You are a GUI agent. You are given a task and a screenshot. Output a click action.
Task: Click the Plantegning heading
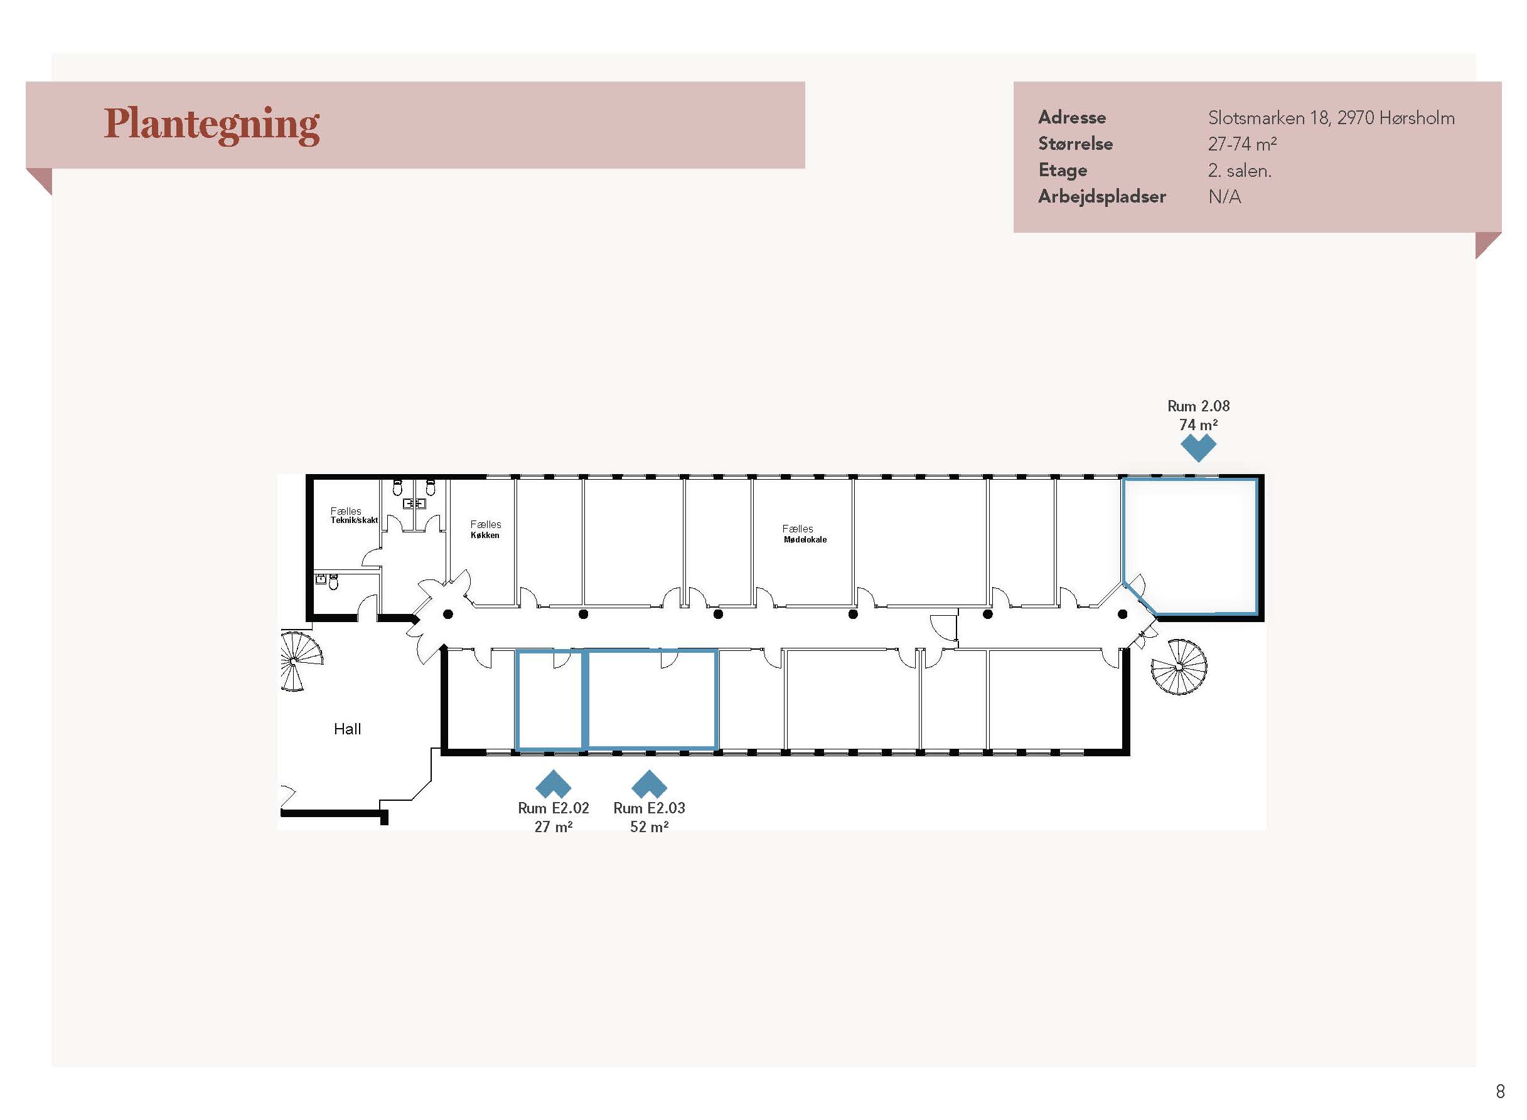(211, 125)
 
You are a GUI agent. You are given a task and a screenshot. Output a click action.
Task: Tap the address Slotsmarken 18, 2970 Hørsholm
(1331, 118)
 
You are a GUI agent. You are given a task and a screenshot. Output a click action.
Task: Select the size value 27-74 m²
(1242, 144)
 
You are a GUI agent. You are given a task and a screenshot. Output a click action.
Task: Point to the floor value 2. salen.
(1240, 170)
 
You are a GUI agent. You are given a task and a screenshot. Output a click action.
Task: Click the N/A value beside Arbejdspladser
(1224, 197)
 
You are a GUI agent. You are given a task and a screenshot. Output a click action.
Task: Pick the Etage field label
(1063, 171)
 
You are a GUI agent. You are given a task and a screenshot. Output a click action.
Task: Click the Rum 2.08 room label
(1198, 406)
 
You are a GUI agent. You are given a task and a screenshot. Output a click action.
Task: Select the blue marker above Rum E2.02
(553, 784)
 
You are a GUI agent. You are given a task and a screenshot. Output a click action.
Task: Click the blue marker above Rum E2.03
(649, 784)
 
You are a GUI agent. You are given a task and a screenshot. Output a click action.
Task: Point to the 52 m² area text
(649, 827)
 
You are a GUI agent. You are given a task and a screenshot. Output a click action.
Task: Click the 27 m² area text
(553, 827)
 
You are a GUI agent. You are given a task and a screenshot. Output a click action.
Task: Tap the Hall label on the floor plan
(347, 729)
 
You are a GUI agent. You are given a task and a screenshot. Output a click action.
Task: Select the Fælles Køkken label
(486, 529)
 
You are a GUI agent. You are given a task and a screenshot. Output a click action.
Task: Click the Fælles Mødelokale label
(805, 534)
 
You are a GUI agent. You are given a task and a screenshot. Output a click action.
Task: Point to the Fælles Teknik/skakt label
(353, 515)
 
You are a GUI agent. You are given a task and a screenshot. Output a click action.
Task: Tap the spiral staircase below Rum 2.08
(1179, 667)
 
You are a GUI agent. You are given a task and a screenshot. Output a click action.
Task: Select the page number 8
(1500, 1092)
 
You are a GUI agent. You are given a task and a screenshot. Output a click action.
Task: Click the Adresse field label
(1072, 118)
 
